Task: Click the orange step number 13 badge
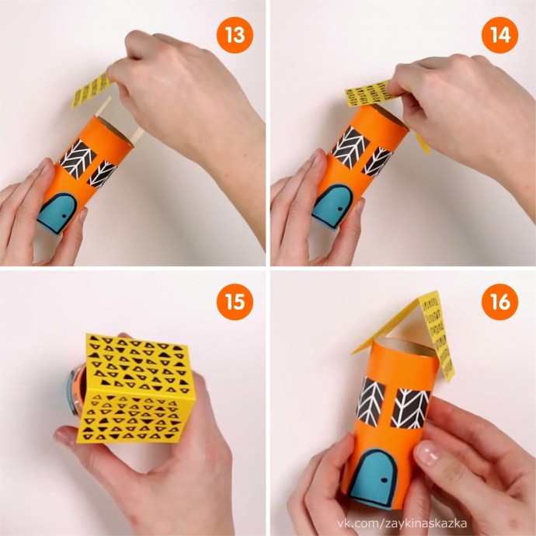[235, 35]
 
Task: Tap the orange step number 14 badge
[499, 35]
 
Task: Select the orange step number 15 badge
[235, 302]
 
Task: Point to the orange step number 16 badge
[499, 302]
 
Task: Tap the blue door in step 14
[332, 206]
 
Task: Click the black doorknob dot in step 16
[385, 479]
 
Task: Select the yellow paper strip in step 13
[91, 90]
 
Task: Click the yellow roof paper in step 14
[368, 92]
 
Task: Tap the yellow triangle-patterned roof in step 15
[136, 388]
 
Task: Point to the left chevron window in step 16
[370, 402]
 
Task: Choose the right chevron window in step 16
[410, 409]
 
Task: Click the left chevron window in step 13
[78, 158]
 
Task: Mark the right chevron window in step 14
[378, 162]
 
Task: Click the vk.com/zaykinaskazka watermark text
[402, 524]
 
